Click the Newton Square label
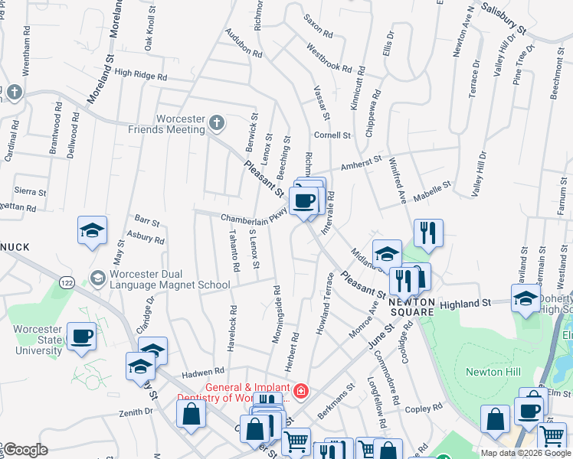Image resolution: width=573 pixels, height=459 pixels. (412, 308)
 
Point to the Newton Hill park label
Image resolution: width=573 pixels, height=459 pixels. (493, 372)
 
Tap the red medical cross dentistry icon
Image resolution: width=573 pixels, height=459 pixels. (301, 392)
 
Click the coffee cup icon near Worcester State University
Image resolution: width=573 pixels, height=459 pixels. (81, 337)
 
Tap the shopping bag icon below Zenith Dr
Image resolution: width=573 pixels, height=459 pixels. (191, 414)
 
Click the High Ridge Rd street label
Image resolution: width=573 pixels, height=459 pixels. (140, 75)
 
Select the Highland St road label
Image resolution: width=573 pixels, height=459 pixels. (465, 304)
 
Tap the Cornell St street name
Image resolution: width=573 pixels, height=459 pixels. (332, 135)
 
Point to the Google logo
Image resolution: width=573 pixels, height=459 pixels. (25, 449)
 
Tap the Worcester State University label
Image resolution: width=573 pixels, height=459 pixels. (38, 340)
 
